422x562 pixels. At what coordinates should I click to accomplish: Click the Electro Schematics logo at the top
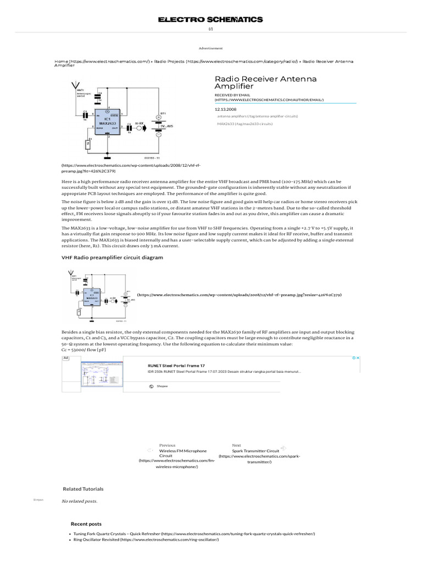210,20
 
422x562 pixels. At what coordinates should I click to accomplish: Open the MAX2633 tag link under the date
245,124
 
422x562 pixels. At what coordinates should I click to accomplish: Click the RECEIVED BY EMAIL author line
269,97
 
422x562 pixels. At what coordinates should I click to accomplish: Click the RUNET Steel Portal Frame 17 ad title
176,365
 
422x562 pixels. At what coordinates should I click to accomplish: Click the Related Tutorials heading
82,488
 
